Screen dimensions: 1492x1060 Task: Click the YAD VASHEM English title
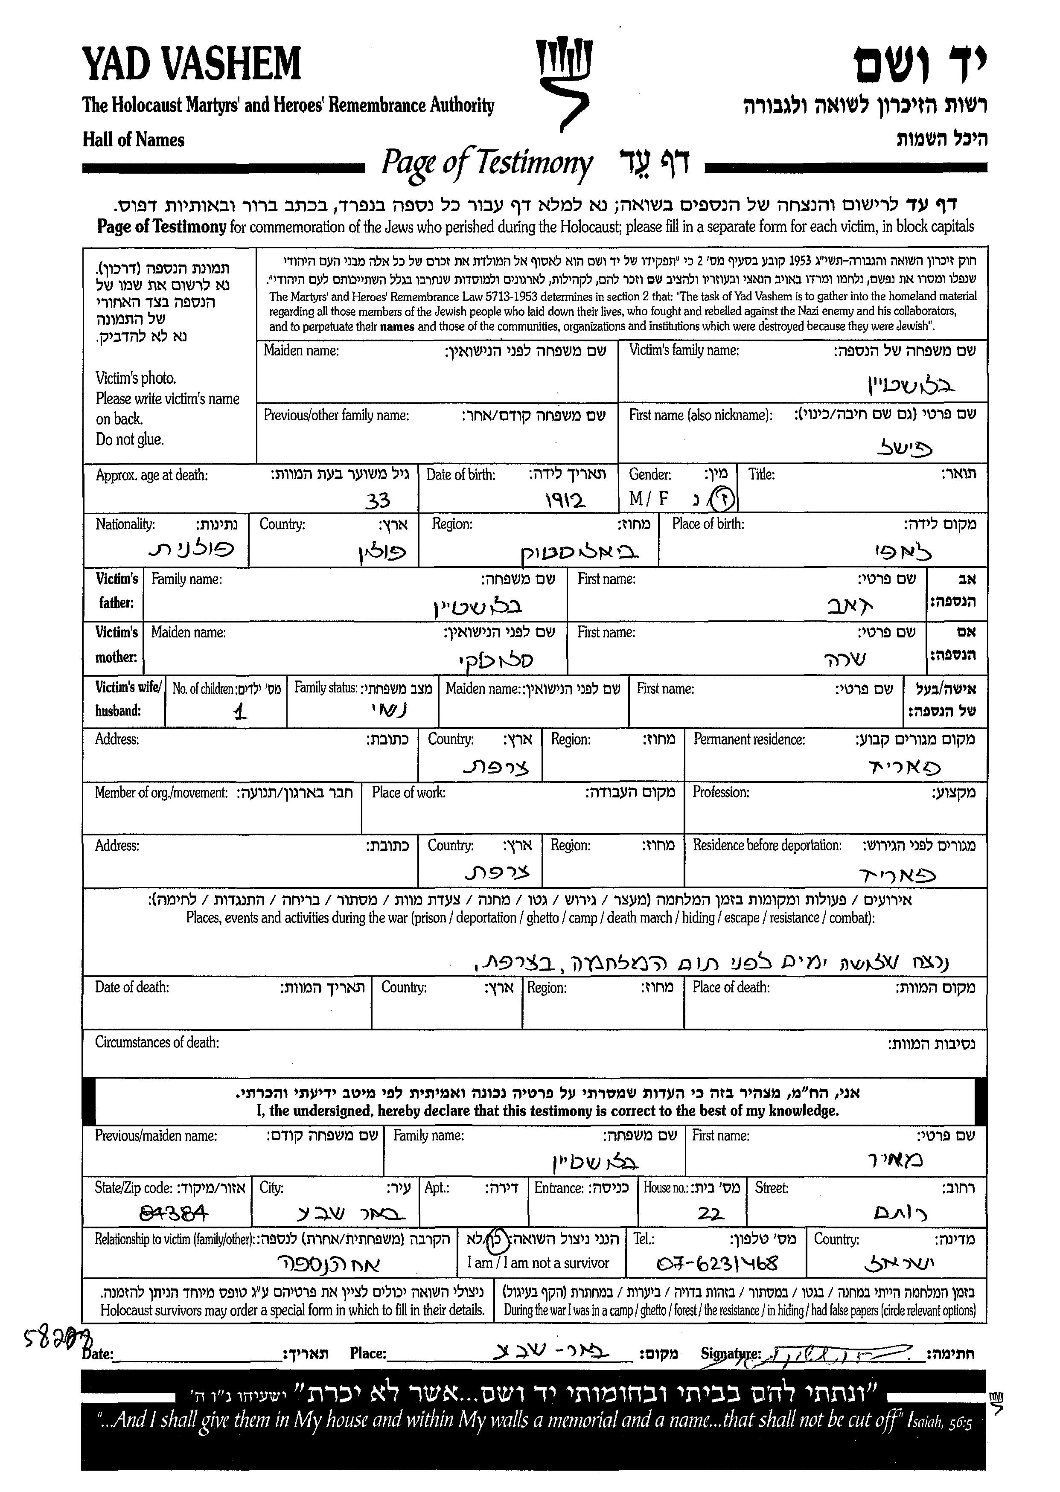[x=191, y=64]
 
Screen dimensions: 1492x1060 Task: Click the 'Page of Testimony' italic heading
[x=487, y=163]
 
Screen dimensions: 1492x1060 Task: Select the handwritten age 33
[x=378, y=500]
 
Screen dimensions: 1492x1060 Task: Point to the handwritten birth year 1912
[x=565, y=500]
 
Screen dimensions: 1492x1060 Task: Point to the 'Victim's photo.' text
[x=136, y=378]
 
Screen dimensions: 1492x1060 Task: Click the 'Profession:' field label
[x=721, y=792]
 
